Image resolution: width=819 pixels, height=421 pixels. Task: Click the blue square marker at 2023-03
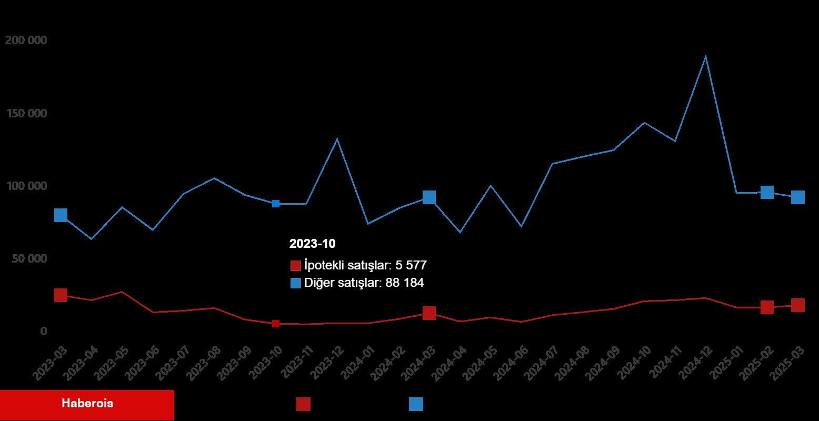61,215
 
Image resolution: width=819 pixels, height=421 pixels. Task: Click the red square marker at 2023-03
61,295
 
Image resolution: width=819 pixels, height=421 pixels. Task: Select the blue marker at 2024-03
429,197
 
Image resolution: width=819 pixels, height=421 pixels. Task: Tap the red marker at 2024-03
429,313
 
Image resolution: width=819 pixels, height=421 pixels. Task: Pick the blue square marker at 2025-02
767,192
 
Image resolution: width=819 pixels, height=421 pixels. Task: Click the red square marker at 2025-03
798,305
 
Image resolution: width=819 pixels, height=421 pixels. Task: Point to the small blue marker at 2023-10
275,204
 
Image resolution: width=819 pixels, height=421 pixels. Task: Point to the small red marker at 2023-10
275,324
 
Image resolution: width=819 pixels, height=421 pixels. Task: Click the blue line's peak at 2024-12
705,56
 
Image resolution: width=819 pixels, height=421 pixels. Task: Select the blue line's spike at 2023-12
337,139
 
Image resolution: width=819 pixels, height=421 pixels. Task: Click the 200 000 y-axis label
26,41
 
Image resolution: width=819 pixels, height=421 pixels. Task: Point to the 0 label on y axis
44,332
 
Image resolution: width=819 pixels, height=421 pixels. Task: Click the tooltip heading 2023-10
312,244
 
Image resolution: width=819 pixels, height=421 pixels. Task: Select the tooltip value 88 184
404,283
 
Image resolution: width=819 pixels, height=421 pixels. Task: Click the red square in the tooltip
295,265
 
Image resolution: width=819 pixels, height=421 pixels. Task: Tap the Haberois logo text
87,404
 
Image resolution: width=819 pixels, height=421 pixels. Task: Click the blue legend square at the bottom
416,404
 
